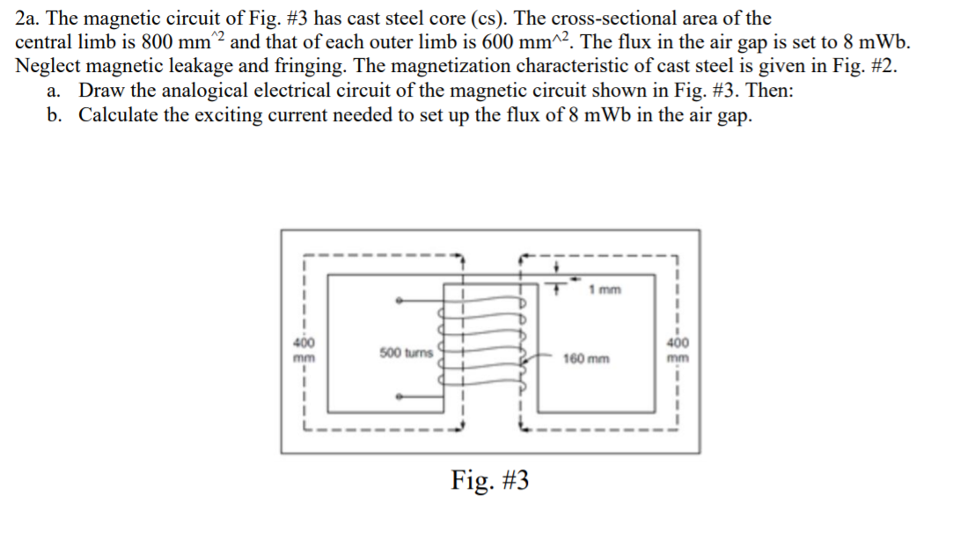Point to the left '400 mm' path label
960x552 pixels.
(303, 350)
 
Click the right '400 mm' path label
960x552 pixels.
(678, 350)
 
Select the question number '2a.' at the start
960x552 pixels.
(31, 18)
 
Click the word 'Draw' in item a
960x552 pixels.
(99, 91)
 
